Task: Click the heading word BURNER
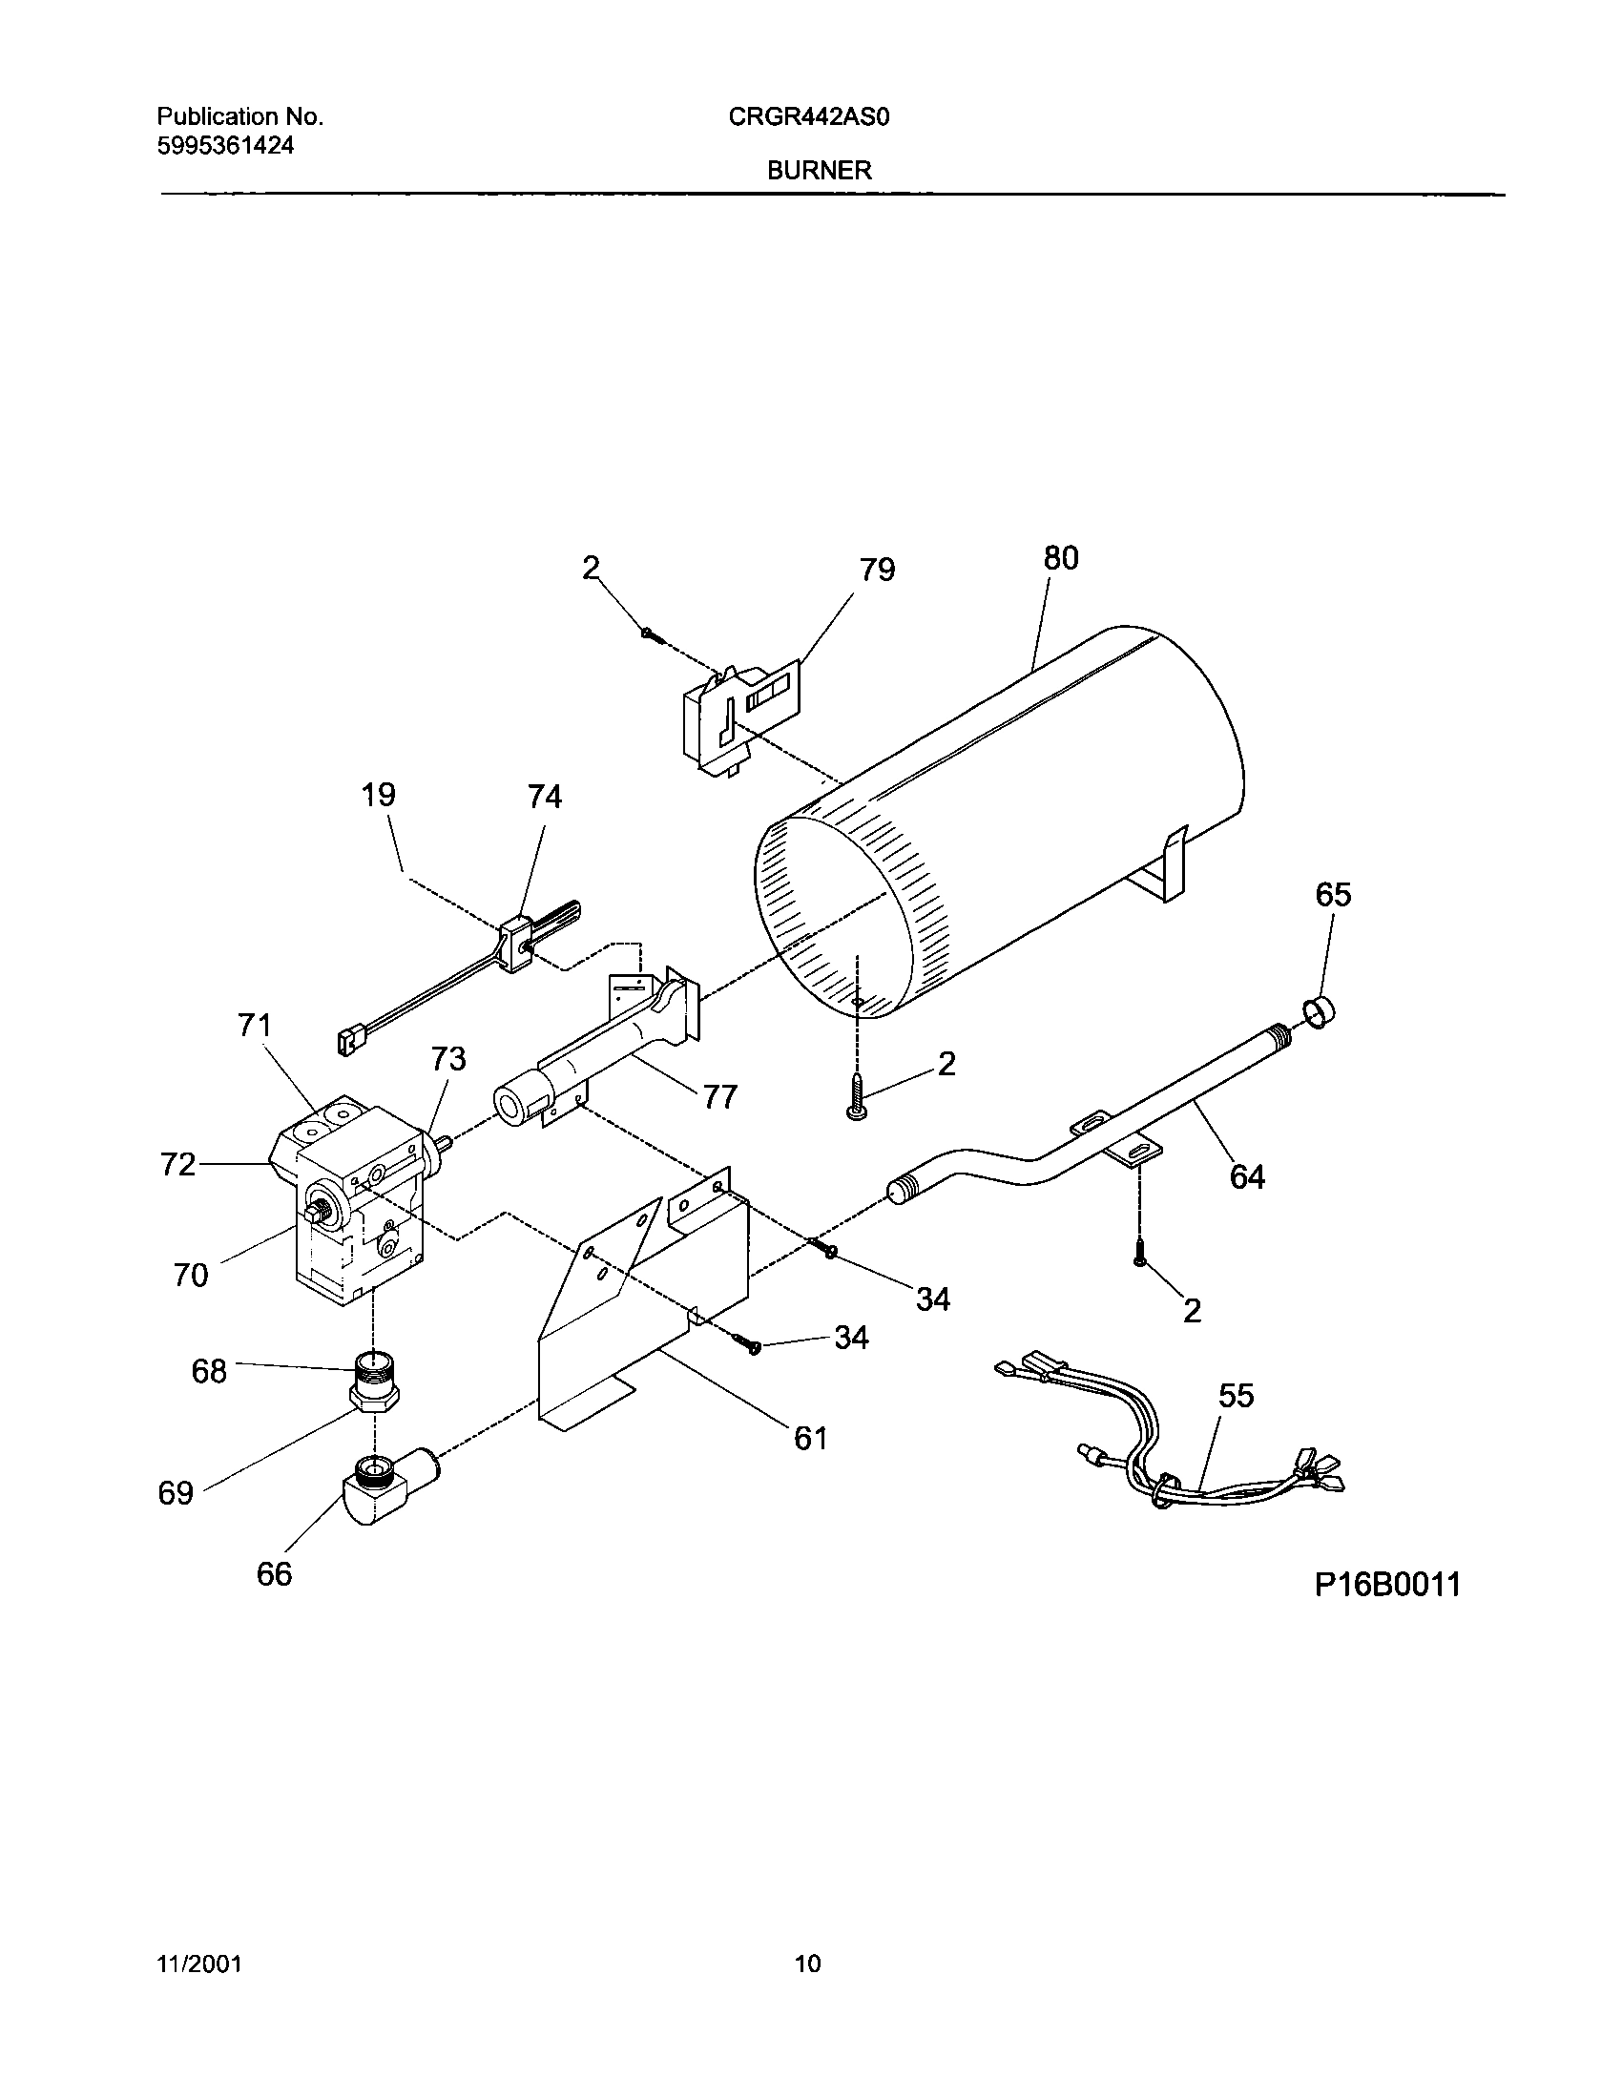tap(820, 170)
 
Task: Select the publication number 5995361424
tap(225, 145)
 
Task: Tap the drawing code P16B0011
tap(1388, 1585)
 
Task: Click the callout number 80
tap(1060, 558)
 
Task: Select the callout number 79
tap(877, 570)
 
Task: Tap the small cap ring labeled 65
tap(1318, 1011)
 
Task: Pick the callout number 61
tap(811, 1437)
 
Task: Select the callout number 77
tap(720, 1097)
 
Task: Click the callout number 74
tap(545, 796)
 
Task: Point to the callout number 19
tap(379, 794)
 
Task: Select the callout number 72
tap(178, 1164)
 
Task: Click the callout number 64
tap(1247, 1176)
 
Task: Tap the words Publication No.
tap(240, 116)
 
